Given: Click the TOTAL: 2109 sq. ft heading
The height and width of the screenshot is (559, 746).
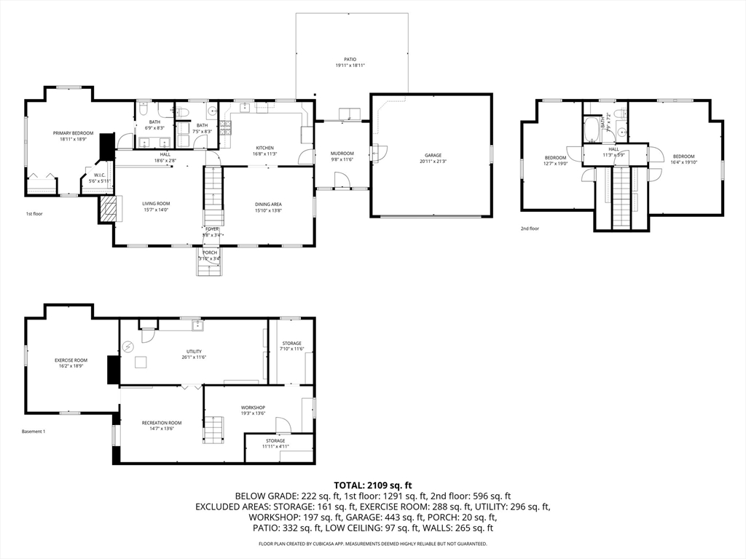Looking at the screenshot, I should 373,485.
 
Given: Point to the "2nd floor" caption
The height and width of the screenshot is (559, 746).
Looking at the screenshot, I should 530,229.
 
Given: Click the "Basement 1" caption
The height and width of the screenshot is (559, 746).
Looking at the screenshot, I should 34,432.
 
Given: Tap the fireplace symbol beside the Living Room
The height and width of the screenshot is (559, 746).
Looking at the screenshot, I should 108,209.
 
